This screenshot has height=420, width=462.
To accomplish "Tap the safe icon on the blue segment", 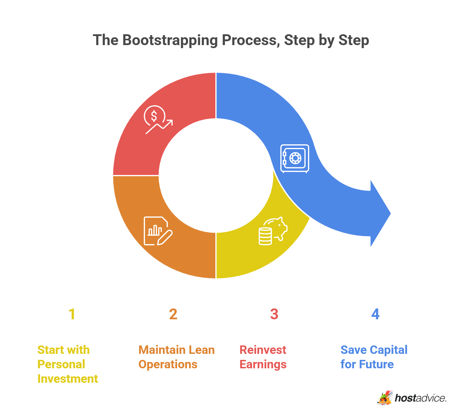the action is click(x=295, y=159).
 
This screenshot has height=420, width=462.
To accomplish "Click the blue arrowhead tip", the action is click(x=391, y=213).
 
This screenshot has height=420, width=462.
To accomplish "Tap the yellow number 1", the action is click(x=72, y=314).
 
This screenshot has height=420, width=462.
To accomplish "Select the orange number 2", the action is click(x=173, y=314).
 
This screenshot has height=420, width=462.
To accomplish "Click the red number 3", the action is click(x=274, y=314).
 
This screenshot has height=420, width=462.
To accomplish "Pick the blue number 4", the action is click(x=375, y=314).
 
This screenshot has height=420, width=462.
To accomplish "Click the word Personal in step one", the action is click(x=61, y=364).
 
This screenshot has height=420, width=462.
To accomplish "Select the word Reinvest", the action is click(x=263, y=350).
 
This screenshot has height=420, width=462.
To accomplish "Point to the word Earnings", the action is click(x=263, y=365).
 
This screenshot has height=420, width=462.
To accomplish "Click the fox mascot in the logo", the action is click(x=385, y=398).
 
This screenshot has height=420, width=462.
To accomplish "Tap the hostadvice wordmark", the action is click(x=420, y=398).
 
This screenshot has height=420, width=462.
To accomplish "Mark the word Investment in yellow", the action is click(x=68, y=379).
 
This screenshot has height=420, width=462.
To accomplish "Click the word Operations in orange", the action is click(x=168, y=365).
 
